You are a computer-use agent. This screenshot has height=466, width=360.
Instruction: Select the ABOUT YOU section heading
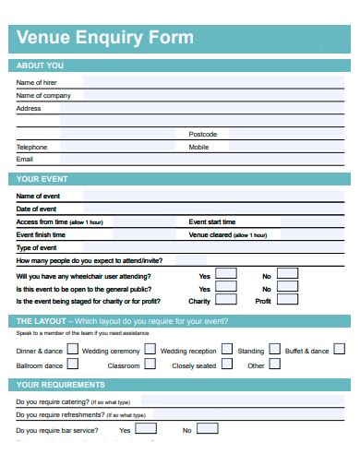41,66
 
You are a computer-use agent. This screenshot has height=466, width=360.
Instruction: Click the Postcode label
202,134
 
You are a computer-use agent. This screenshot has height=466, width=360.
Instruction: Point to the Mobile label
198,147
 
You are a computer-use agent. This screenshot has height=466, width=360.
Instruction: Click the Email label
25,159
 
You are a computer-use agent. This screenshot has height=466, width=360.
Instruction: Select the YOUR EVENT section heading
42,179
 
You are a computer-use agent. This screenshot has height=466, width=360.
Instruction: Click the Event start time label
212,222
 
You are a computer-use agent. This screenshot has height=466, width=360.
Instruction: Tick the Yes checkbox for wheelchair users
225,274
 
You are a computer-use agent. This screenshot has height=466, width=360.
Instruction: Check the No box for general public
288,287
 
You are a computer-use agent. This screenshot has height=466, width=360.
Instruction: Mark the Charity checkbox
225,300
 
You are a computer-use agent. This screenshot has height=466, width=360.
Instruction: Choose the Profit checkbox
288,300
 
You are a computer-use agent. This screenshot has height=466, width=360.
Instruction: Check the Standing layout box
274,350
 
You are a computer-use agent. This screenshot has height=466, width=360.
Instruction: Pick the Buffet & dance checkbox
339,349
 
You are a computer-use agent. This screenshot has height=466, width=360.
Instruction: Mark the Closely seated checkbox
226,364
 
